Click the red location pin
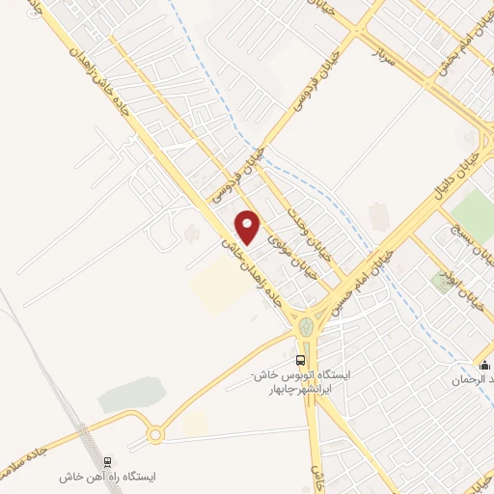click(x=249, y=227)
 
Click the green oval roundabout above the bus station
click(x=308, y=328)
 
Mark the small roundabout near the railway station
click(x=156, y=435)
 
